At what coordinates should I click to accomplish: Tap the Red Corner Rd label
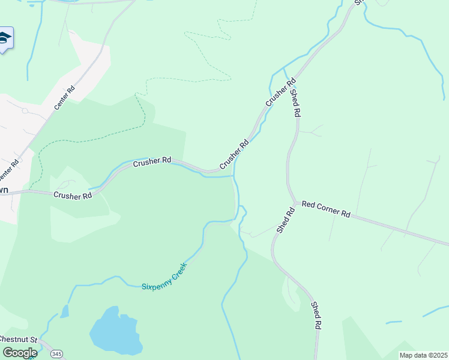click(326, 209)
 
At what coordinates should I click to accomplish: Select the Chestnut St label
click(18, 340)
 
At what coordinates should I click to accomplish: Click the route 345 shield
click(56, 353)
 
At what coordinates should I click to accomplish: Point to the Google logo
click(20, 352)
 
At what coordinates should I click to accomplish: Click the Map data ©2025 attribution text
click(423, 355)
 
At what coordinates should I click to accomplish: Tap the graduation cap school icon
click(5, 38)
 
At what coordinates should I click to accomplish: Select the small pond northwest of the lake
click(64, 311)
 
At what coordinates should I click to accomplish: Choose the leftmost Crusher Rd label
click(73, 195)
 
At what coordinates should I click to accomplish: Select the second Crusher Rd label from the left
click(152, 161)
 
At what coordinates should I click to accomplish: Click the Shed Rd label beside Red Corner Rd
click(286, 220)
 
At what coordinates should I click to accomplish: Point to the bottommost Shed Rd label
click(316, 315)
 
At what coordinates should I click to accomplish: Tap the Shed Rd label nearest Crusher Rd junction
click(295, 102)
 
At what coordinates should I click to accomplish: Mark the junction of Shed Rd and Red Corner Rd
click(294, 203)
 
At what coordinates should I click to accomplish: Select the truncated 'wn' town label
click(4, 190)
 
